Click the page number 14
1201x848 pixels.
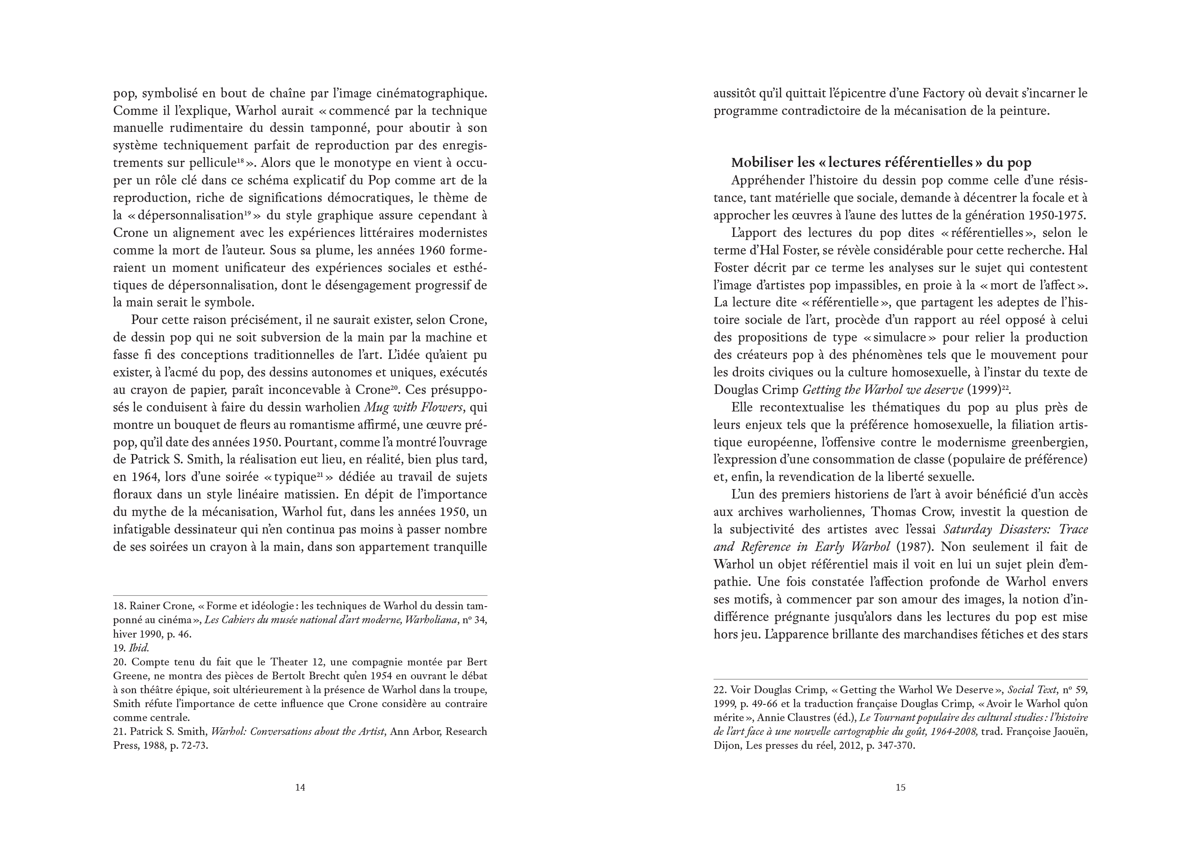coord(300,787)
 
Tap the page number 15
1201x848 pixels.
coord(900,787)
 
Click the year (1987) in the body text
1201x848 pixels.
coord(915,546)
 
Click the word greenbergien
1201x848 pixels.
coord(1049,442)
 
